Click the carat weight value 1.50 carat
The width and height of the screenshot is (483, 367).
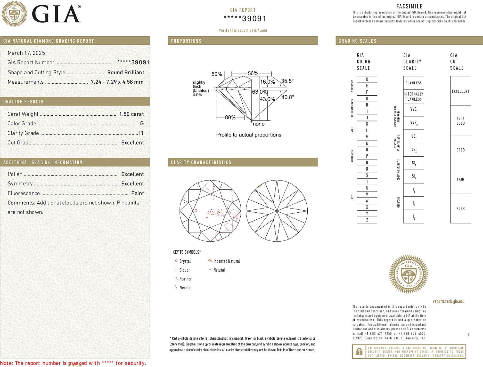[131, 114]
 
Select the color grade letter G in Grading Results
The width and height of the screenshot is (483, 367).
[142, 124]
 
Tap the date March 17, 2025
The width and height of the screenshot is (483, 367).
[26, 53]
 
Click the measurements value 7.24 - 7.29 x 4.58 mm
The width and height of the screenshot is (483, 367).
[117, 82]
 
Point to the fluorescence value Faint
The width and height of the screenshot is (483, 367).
[137, 193]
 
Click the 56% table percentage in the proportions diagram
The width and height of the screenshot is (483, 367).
[253, 74]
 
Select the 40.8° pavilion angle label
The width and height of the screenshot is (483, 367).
[287, 97]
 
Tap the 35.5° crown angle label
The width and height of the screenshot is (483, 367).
[287, 81]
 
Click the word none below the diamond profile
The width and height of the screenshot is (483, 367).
[259, 124]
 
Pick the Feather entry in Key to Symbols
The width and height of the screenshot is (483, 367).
[185, 279]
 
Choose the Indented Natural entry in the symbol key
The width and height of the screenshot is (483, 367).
[226, 261]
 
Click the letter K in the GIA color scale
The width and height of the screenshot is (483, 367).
[367, 124]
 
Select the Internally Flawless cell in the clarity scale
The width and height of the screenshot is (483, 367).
[413, 97]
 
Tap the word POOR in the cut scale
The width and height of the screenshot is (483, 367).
[460, 209]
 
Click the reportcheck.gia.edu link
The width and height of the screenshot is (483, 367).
[449, 301]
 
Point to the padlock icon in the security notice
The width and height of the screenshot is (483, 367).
[359, 352]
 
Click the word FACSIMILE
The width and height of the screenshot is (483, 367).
[409, 6]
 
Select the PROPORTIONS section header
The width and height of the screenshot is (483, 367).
[186, 41]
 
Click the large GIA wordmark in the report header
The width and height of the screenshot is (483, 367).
[56, 14]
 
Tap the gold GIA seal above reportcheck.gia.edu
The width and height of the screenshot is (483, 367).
[408, 274]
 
